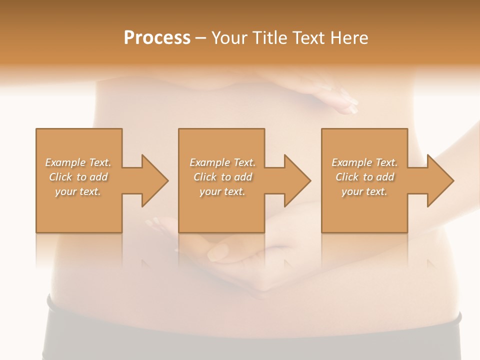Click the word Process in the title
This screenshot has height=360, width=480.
point(157,37)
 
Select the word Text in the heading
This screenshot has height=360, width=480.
point(308,37)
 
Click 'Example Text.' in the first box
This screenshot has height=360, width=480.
point(78,162)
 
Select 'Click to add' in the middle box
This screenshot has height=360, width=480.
point(223,177)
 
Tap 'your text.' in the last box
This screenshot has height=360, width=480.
point(364,191)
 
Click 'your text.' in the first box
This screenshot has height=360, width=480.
point(78,191)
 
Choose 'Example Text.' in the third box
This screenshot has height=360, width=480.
point(364,162)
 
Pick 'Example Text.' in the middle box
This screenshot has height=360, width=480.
point(222,162)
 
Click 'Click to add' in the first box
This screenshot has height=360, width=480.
point(78,177)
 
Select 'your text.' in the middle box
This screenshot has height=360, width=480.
point(222,191)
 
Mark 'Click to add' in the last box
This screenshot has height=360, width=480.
point(365,177)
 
